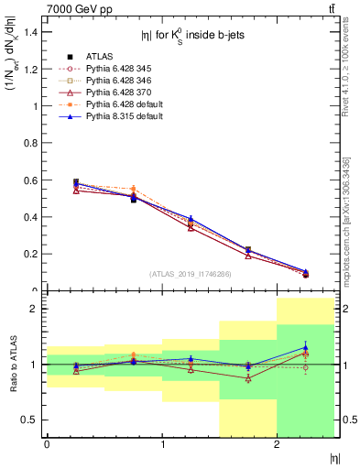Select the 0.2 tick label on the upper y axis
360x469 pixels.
pos(31,254)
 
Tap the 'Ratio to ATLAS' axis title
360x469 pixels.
pos(12,365)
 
